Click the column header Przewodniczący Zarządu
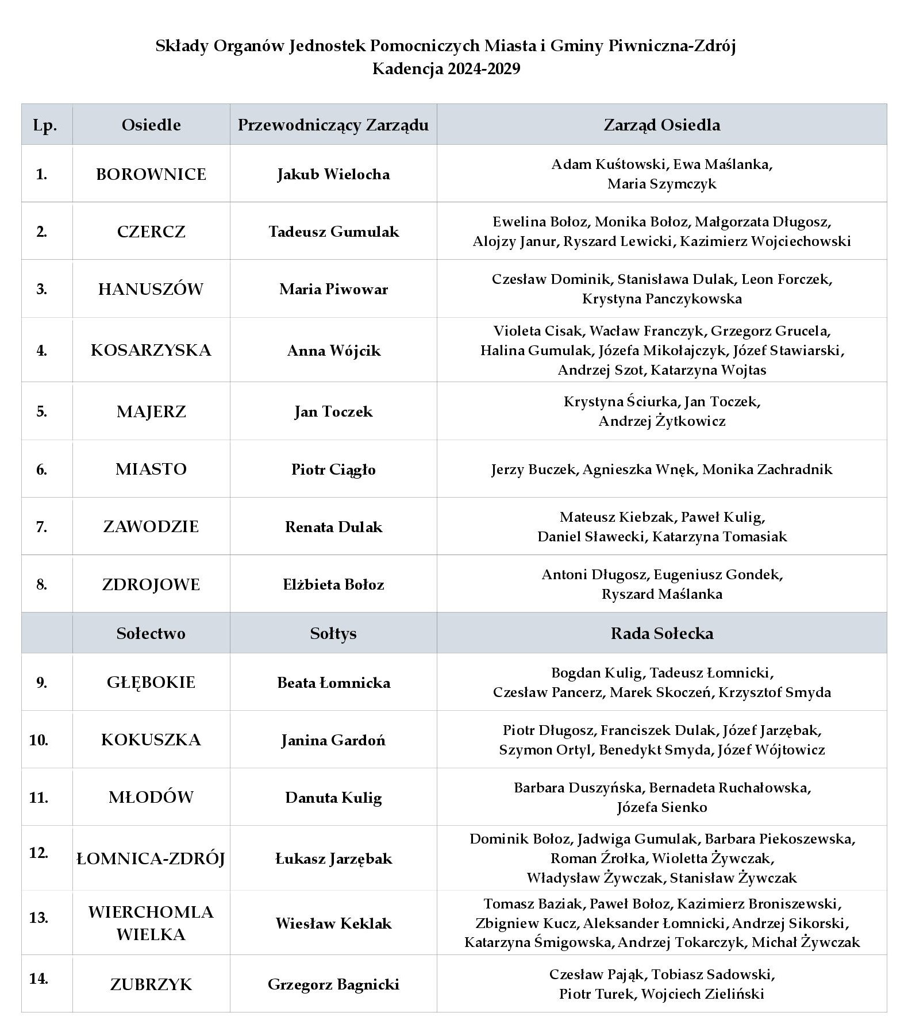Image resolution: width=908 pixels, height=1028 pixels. pos(333,125)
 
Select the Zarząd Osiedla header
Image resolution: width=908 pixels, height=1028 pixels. pos(661,125)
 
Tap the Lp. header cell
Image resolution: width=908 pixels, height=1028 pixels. pos(45,125)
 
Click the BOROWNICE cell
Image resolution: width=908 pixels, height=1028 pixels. pos(151,174)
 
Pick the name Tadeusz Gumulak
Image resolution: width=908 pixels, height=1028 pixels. pos(333,232)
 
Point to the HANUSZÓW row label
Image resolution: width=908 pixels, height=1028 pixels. pos(151,288)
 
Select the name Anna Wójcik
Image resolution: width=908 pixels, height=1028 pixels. pos(333,351)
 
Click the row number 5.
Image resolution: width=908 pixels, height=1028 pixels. pos(41,411)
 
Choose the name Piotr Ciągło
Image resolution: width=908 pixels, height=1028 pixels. pos(333,469)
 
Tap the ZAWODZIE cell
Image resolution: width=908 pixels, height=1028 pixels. pos(151,526)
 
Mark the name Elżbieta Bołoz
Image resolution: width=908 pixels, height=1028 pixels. pos(333,584)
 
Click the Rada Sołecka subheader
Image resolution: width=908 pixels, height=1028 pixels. pos(661,633)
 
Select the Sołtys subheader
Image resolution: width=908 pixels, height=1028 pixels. pos(333,633)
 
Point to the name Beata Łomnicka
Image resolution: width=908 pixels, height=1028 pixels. pos(333,683)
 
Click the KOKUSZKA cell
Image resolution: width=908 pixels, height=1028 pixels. pos(151,740)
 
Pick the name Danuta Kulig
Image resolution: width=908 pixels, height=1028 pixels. pos(333,798)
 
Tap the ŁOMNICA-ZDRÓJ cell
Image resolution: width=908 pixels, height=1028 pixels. pos(151,858)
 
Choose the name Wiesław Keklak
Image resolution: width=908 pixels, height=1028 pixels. pos(333,923)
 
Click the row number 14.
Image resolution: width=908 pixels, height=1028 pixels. pos(39,978)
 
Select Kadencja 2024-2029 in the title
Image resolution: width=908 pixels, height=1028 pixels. pos(446,69)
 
